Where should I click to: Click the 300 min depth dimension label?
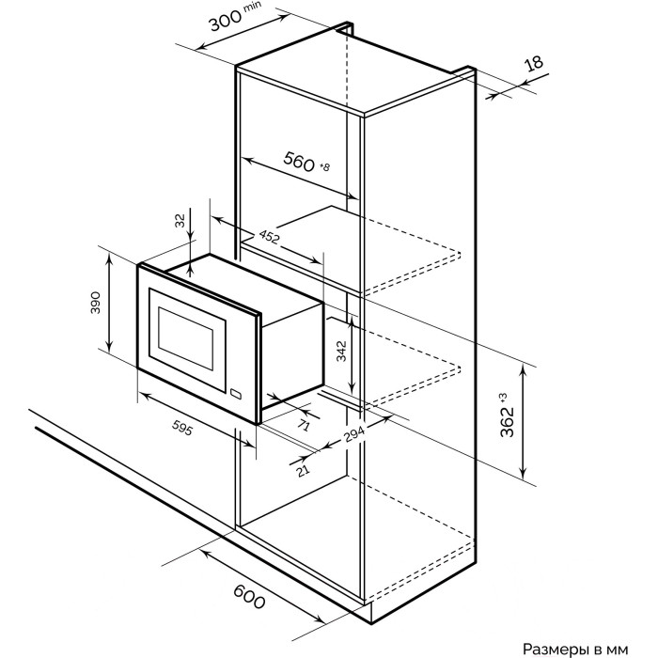pos(235,16)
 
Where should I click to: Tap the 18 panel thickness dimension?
pos(534,64)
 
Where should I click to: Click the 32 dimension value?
pos(180,220)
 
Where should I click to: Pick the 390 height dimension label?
pos(96,303)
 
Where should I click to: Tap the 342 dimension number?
pos(341,352)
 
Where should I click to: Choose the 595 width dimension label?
pos(182,428)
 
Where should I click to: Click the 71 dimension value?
pos(304,426)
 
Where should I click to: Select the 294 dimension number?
pos(355,434)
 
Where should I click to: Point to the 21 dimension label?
pos(303,470)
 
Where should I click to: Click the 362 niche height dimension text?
pos(507,421)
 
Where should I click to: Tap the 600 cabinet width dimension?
pos(249,597)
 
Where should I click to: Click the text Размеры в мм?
pos(575,649)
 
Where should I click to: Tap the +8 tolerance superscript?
pos(325,166)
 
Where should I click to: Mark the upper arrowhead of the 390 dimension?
pos(109,258)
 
